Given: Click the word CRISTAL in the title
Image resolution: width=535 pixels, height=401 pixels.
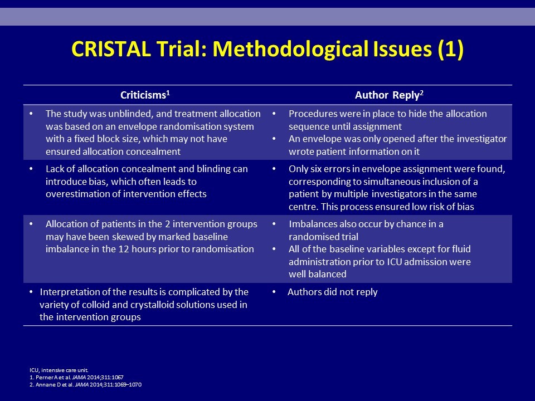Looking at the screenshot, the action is click(111, 49).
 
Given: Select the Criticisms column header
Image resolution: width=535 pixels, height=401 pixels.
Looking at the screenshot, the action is click(145, 95).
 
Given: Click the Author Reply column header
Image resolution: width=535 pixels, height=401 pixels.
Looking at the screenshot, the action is click(390, 95).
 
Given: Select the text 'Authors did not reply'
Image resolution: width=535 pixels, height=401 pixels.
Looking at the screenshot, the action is click(333, 292).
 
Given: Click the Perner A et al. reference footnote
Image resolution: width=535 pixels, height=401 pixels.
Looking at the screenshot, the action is click(76, 378).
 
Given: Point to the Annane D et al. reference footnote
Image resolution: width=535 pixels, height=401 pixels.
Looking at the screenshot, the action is click(86, 385).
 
